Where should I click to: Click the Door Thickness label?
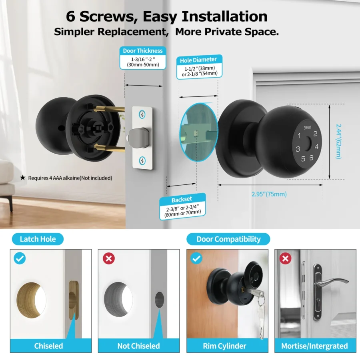[x=143, y=51]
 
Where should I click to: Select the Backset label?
[x=182, y=199]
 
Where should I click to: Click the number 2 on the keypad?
[x=315, y=134]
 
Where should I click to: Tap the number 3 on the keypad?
[x=298, y=150]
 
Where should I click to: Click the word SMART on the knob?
[x=307, y=128]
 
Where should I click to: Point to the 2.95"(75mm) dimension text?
[x=269, y=194]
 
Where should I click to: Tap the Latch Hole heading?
[x=38, y=239]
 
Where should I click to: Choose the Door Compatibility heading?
[x=228, y=239]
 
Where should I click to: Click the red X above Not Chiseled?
[x=108, y=258]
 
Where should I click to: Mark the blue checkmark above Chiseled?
[x=20, y=258]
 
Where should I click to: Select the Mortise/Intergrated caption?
[x=314, y=346]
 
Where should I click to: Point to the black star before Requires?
[x=22, y=178]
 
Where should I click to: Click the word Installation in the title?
[x=225, y=16]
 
